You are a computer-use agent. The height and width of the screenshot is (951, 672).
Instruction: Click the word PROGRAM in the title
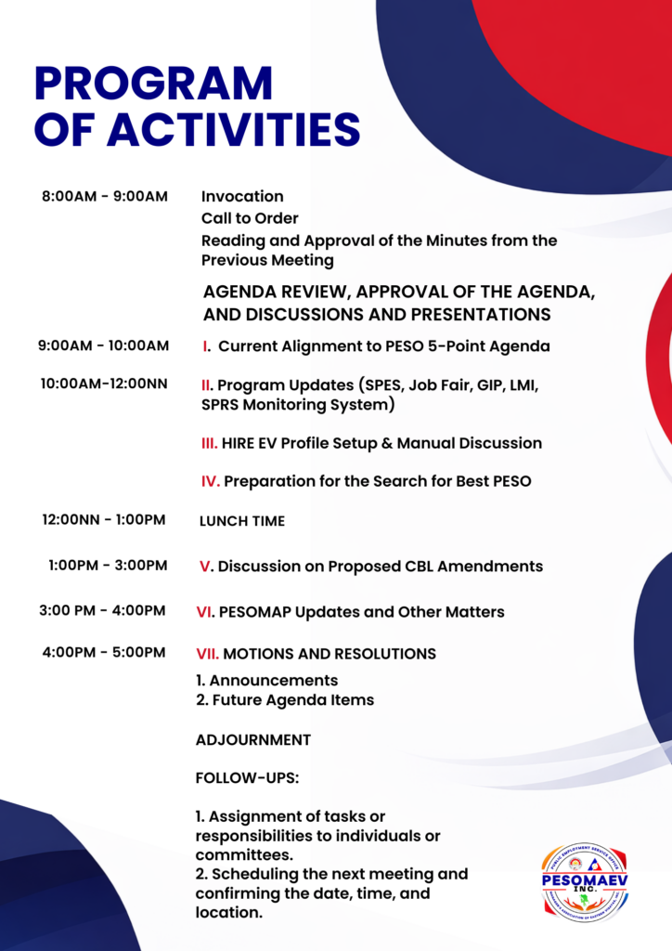(x=154, y=83)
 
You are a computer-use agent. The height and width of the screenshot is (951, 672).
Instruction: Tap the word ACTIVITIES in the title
(x=234, y=129)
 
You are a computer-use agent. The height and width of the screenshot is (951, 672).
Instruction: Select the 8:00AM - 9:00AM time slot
(x=105, y=197)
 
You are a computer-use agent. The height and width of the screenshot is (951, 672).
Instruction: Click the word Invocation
(x=242, y=197)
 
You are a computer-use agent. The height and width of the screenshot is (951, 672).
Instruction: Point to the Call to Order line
(x=250, y=218)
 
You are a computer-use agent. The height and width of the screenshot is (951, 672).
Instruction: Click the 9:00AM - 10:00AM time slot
(x=104, y=345)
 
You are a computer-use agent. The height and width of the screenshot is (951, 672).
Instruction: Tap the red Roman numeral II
(x=207, y=385)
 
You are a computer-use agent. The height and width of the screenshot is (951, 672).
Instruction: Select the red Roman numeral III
(x=209, y=443)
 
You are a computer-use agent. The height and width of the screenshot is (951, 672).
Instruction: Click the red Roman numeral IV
(x=211, y=482)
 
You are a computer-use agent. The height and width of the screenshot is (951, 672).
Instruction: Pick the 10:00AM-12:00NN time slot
(x=104, y=384)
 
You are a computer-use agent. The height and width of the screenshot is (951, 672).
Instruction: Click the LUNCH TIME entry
(x=242, y=521)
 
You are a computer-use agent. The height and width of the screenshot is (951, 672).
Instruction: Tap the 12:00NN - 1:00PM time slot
(x=104, y=520)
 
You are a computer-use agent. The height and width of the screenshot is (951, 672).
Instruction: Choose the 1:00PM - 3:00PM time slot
(x=108, y=566)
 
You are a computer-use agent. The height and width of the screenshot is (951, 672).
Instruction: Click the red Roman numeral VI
(x=205, y=612)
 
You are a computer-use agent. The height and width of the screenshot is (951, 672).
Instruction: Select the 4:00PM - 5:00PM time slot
(x=104, y=653)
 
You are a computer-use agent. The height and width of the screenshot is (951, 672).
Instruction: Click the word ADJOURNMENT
(x=253, y=740)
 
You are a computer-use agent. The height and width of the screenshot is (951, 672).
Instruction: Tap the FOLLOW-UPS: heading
(x=247, y=778)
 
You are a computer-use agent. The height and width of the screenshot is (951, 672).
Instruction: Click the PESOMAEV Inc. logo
(x=585, y=883)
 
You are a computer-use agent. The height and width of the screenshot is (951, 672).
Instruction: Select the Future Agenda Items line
(x=285, y=700)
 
